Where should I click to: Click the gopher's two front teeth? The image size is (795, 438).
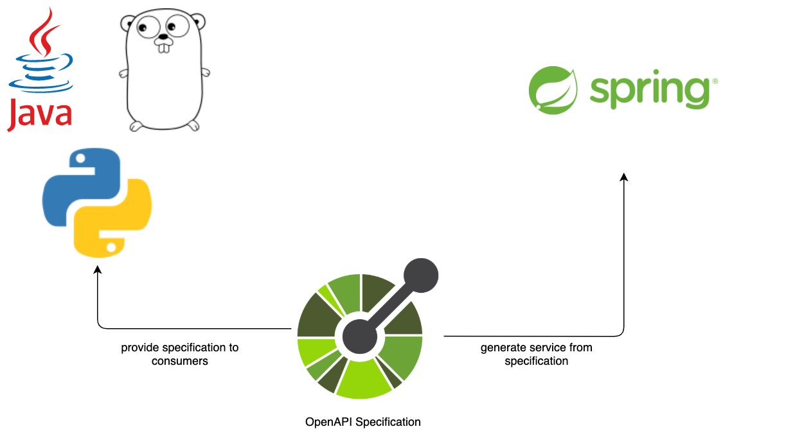165,46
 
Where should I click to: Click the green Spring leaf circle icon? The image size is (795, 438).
553,90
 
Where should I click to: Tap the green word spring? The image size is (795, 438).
649,92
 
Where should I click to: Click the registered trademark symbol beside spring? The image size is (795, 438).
715,82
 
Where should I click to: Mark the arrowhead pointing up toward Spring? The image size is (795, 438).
623,177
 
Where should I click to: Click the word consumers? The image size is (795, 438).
180,361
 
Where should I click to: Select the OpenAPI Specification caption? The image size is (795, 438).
363,422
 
